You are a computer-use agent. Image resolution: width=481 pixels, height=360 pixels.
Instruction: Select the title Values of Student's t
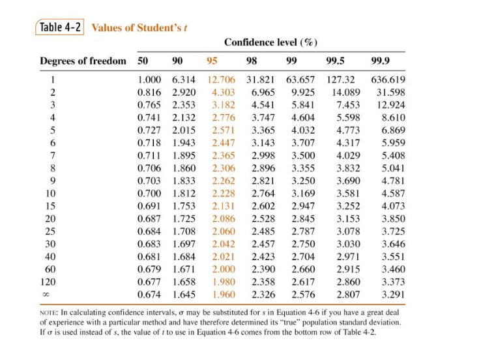tap(140, 28)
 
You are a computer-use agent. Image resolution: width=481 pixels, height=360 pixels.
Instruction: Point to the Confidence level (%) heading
tap(270, 42)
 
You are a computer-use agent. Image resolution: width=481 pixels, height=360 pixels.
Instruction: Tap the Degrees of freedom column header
tap(83, 61)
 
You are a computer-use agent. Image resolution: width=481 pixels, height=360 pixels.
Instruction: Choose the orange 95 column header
tap(212, 61)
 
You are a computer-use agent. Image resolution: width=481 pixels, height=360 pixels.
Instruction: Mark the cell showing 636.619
tap(388, 80)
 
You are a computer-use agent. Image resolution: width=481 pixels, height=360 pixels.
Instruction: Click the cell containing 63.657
tap(300, 80)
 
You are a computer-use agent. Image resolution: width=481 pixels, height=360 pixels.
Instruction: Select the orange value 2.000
tap(224, 269)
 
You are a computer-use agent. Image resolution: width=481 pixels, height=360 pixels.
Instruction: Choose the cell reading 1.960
tap(224, 295)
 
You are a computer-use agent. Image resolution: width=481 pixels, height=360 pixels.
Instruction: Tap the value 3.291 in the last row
tap(393, 295)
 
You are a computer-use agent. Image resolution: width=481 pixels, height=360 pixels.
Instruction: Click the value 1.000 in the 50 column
tap(149, 80)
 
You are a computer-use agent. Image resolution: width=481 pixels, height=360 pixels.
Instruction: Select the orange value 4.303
tap(224, 93)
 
